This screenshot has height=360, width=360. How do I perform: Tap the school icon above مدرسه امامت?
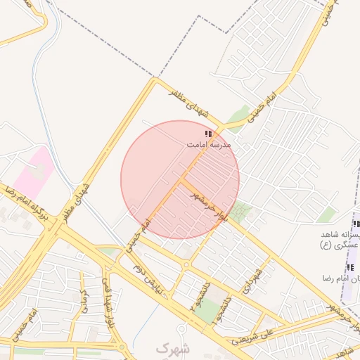tap(208, 133)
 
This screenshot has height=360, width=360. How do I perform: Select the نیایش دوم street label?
tap(156, 277)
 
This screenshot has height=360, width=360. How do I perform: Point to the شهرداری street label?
tap(252, 281)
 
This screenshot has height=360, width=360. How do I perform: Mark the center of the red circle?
tap(180, 179)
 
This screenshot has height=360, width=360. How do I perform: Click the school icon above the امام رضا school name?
tap(349, 268)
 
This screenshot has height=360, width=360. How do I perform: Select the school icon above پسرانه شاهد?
tap(356, 224)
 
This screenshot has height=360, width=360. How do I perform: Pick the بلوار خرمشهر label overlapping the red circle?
tap(212, 206)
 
